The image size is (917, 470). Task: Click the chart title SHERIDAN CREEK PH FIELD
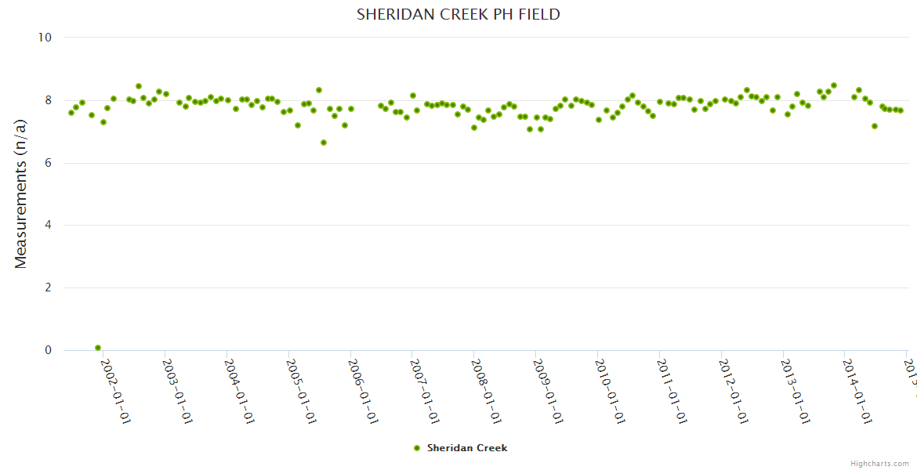pos(458,14)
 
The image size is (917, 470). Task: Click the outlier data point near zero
pos(98,348)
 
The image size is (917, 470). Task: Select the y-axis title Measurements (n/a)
pos(21,194)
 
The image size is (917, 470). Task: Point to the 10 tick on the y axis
pos(45,38)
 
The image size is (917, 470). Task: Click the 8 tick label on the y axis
pos(48,100)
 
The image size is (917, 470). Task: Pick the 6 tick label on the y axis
pos(48,163)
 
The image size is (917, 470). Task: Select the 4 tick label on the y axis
pos(48,226)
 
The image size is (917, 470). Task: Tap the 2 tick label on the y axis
pos(48,287)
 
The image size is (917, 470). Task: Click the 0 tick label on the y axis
pos(48,350)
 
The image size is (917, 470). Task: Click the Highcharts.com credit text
pos(879,464)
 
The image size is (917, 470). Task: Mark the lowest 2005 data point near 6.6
pos(324,143)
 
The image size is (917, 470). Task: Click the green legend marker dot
pos(417,448)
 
